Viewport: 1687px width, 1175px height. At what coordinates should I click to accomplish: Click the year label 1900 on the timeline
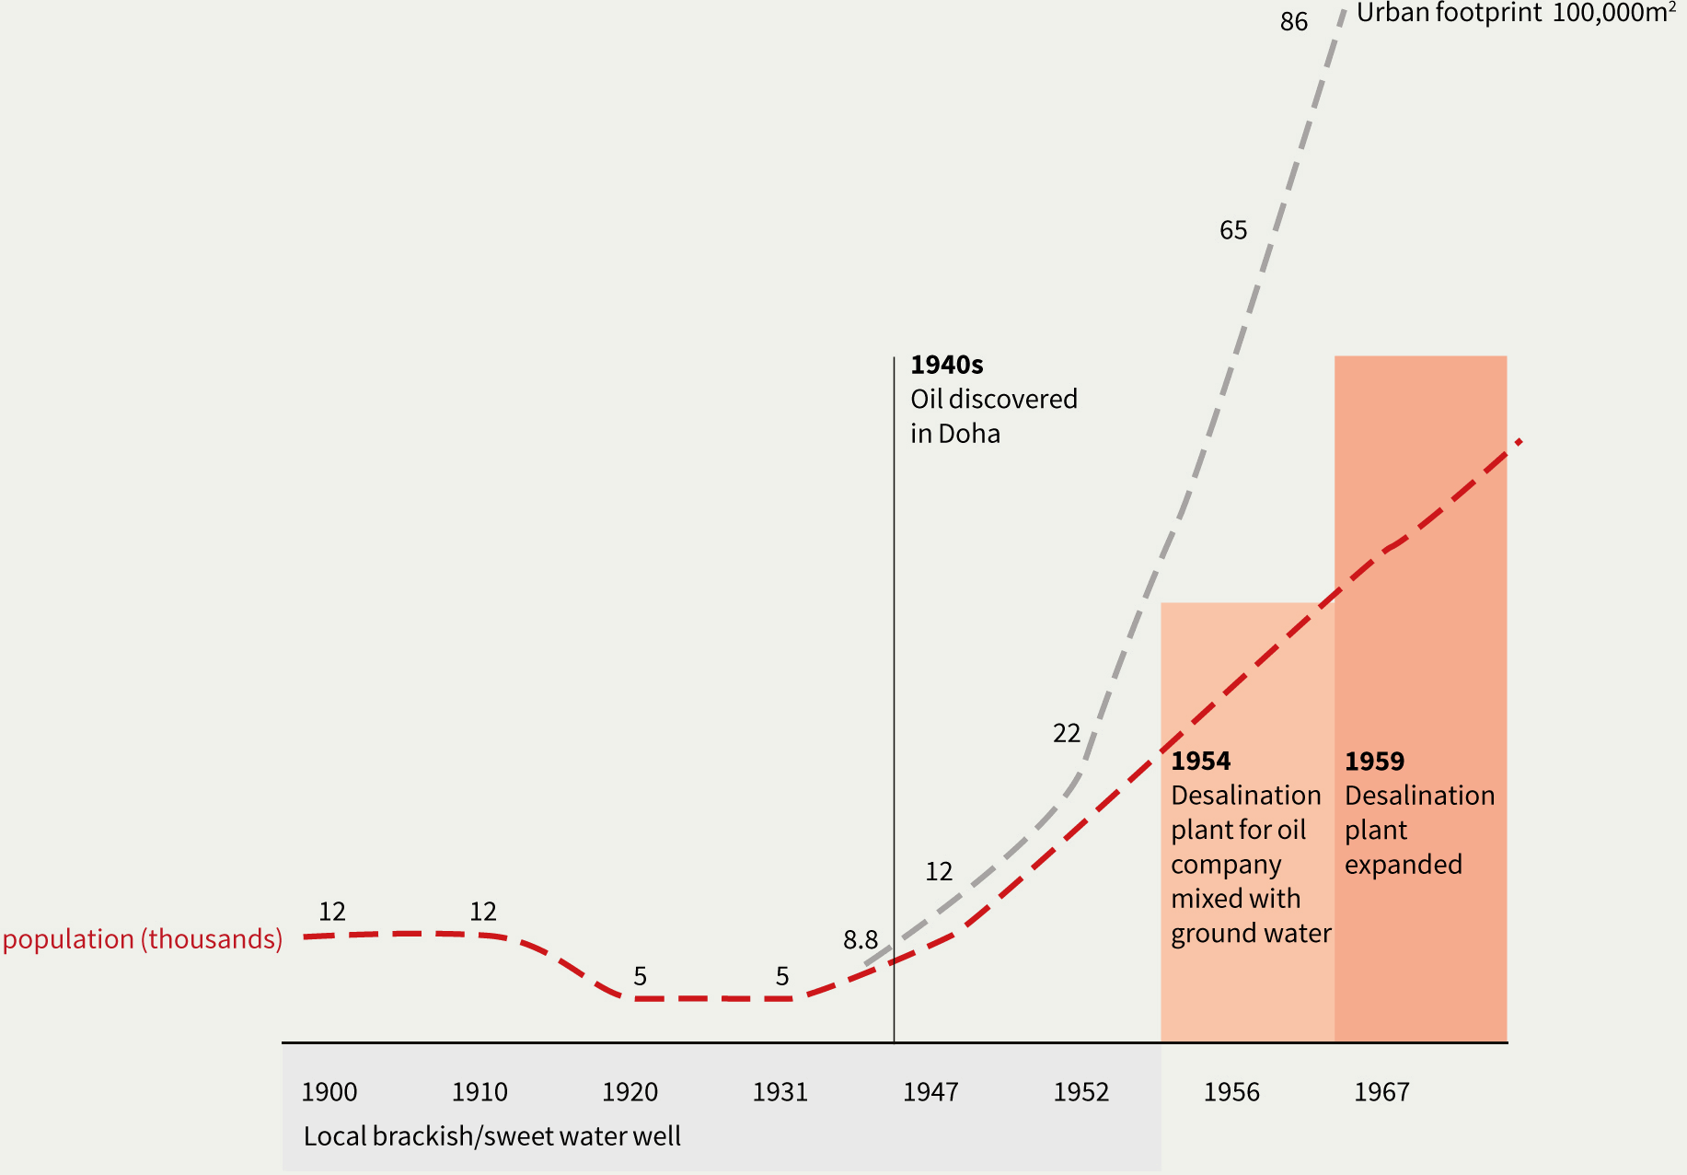coord(329,1092)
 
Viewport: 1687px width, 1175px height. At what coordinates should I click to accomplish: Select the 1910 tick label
coord(480,1092)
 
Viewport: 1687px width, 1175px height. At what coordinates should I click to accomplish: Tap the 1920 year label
coord(630,1092)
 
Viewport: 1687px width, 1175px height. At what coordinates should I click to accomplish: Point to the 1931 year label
coord(780,1092)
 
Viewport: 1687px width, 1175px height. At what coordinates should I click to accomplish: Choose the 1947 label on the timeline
coord(930,1092)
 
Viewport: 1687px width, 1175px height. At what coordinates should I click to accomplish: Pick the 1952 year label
coord(1081,1092)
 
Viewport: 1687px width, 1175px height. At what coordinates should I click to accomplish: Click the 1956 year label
coord(1231,1092)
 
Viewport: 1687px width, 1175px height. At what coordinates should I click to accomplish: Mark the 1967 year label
coord(1381,1092)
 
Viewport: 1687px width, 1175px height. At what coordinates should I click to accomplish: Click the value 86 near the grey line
coord(1294,22)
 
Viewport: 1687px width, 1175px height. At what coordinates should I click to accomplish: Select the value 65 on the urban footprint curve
coord(1233,230)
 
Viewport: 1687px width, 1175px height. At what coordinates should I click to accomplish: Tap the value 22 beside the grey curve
coord(1067,734)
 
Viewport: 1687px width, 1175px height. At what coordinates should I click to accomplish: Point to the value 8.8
coord(861,940)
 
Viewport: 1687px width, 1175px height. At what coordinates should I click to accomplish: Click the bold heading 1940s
coord(947,366)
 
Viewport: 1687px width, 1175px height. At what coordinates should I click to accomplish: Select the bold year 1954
coord(1201,762)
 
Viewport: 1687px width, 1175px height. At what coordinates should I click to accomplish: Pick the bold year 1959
coord(1375,762)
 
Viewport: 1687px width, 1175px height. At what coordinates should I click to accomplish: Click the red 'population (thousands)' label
coord(143,939)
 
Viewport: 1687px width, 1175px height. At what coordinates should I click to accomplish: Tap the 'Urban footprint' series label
coord(1449,14)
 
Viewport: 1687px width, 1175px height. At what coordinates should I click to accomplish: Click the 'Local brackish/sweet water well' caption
coord(492,1136)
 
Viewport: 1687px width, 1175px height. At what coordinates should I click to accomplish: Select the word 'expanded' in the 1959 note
coord(1404,865)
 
